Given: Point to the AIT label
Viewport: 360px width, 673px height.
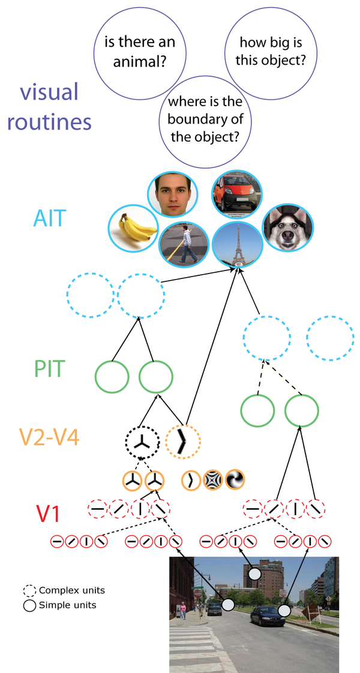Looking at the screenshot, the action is (50, 218).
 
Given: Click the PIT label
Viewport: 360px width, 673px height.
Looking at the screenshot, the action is (50, 369).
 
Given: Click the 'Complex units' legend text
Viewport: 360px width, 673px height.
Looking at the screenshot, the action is (72, 591).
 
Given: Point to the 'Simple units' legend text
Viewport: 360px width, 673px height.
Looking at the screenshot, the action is (67, 606).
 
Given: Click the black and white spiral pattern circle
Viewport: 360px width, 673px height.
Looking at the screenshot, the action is (235, 479).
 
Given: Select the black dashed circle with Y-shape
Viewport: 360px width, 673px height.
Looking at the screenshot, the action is (142, 441).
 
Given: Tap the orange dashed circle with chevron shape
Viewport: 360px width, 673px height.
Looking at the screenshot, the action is (183, 441).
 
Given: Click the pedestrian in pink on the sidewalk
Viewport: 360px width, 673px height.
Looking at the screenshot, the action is (183, 610).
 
